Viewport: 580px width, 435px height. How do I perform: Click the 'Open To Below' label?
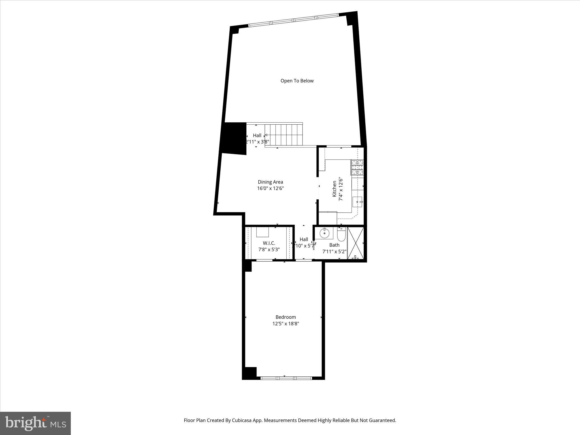pyautogui.click(x=297, y=81)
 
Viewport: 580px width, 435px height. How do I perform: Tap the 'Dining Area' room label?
pyautogui.click(x=270, y=182)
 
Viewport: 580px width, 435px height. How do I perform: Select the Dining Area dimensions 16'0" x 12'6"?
pyautogui.click(x=270, y=188)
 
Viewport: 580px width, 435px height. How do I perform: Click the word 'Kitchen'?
pyautogui.click(x=334, y=189)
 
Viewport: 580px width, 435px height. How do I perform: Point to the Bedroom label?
pyautogui.click(x=285, y=317)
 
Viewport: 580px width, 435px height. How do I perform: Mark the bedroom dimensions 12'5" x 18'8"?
pyautogui.click(x=285, y=323)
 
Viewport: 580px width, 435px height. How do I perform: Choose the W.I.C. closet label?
pyautogui.click(x=269, y=243)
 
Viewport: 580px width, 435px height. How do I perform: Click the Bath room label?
pyautogui.click(x=334, y=245)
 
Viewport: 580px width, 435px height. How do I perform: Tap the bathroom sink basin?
pyautogui.click(x=324, y=234)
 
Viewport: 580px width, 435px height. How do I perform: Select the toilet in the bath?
pyautogui.click(x=341, y=235)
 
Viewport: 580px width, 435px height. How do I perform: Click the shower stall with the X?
pyautogui.click(x=355, y=243)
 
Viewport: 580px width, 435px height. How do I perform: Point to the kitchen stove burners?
pyautogui.click(x=357, y=167)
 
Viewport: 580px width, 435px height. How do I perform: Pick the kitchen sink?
pyautogui.click(x=357, y=202)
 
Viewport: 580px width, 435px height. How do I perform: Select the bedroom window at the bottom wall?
pyautogui.click(x=286, y=378)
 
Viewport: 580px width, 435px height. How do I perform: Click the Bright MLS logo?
pyautogui.click(x=35, y=423)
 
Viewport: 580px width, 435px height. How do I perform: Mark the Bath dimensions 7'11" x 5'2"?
pyautogui.click(x=334, y=251)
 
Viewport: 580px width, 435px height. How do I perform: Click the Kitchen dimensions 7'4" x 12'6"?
pyautogui.click(x=341, y=189)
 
